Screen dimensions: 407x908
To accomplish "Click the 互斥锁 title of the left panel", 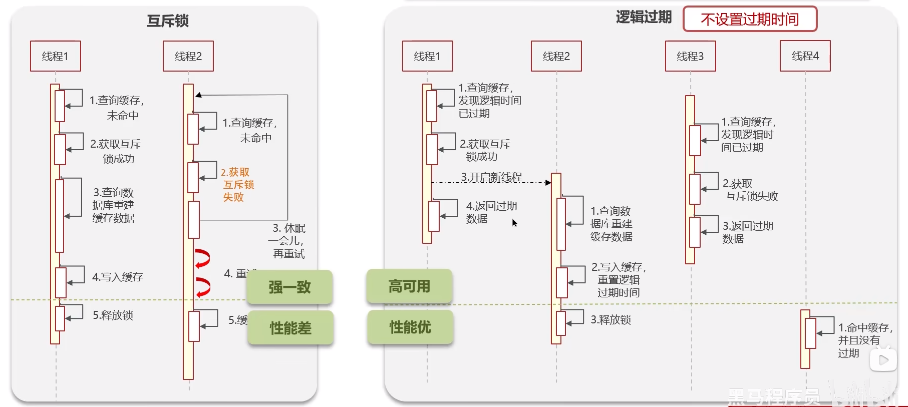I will [x=167, y=21].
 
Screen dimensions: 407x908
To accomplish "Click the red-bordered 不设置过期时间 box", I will [x=750, y=20].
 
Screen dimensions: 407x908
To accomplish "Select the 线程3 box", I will [x=690, y=56].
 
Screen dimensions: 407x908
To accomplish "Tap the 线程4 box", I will [x=805, y=56].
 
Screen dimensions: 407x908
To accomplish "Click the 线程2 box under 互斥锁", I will [x=188, y=56].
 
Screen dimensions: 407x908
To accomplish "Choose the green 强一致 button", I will [x=289, y=287].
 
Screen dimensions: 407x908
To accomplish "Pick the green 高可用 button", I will [x=409, y=286].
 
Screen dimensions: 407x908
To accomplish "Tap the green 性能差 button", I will [x=290, y=328].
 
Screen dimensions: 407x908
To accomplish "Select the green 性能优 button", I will [x=410, y=327].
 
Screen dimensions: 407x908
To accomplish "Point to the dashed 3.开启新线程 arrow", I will [x=491, y=182].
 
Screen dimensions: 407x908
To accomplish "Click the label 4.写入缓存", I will [x=117, y=277].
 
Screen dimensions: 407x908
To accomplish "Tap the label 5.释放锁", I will [x=113, y=315].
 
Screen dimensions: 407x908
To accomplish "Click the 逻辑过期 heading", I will [x=644, y=18].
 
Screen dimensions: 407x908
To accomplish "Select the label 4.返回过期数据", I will [x=491, y=212].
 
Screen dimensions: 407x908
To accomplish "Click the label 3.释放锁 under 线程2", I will [x=611, y=319].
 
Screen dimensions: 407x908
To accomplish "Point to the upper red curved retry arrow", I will [x=202, y=258].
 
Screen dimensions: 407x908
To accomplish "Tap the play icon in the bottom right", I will [x=883, y=360].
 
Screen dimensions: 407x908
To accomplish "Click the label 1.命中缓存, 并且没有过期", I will [x=864, y=340].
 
